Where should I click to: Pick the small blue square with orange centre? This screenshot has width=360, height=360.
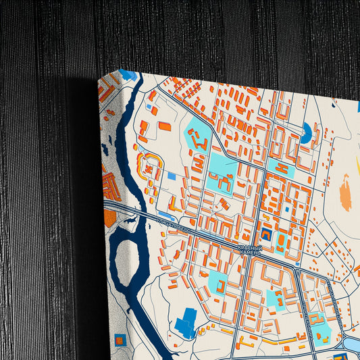(122, 337)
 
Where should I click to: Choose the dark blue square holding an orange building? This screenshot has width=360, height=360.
(265, 235)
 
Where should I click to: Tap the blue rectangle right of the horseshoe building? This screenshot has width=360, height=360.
(172, 176)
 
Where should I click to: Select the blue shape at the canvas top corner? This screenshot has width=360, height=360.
(128, 74)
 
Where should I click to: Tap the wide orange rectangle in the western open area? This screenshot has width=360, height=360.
(164, 126)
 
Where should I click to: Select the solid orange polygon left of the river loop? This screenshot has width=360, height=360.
(110, 218)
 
